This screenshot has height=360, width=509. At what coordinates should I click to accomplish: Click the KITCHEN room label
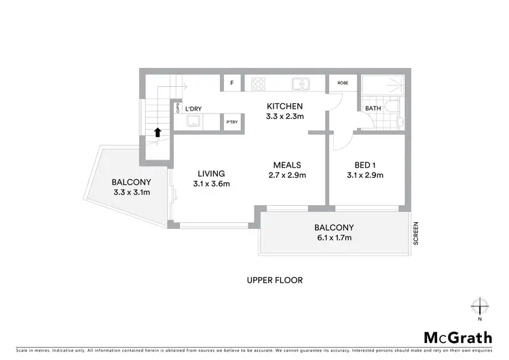coord(284,107)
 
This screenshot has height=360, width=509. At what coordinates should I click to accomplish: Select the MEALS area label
coord(287,165)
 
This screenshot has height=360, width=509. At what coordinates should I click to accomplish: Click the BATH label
coord(373,108)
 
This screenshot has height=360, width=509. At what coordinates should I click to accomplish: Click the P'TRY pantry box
coord(232,122)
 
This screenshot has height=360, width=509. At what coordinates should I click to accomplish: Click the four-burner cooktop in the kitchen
coord(259,84)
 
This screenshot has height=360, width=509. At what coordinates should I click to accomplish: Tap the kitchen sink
coord(301,84)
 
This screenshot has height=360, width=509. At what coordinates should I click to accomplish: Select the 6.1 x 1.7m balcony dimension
coord(334,238)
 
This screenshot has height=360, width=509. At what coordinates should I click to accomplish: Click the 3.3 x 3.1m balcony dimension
coord(132,192)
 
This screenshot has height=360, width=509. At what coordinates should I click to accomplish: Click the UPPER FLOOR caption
coord(274,279)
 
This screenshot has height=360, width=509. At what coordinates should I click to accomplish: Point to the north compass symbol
coord(480,307)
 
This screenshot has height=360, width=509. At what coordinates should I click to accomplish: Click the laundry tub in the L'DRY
coord(194,122)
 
